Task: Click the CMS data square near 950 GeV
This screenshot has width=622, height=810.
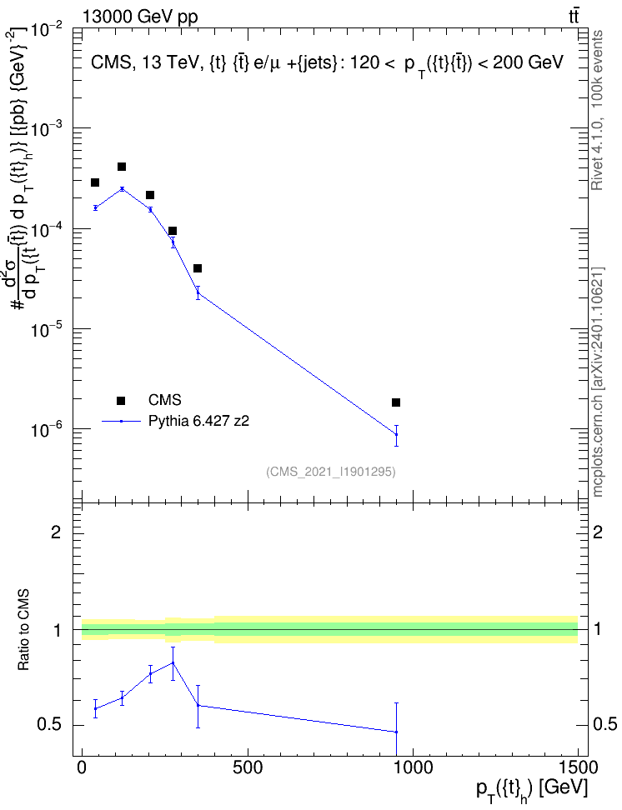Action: tap(396, 402)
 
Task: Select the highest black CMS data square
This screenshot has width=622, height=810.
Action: tap(122, 167)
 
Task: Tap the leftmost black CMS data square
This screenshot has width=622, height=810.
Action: tap(95, 182)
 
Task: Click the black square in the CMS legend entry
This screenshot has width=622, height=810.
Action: tap(121, 400)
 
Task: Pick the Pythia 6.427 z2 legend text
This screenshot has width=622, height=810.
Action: tap(198, 422)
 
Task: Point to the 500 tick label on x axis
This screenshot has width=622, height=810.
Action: tap(248, 767)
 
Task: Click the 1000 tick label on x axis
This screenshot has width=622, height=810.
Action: tap(413, 767)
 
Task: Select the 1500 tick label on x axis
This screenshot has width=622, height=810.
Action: tap(578, 767)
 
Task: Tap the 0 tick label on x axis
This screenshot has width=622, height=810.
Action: tap(82, 767)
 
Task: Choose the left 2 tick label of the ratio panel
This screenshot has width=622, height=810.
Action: tap(55, 532)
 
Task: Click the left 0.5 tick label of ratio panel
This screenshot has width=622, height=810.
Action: tap(50, 725)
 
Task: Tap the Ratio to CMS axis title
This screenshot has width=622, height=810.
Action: tap(23, 630)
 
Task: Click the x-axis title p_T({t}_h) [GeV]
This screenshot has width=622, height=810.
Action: tap(532, 790)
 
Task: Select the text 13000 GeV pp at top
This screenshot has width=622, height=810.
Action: tap(140, 17)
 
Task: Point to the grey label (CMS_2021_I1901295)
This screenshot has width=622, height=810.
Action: tap(331, 472)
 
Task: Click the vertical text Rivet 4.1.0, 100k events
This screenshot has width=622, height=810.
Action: tap(597, 111)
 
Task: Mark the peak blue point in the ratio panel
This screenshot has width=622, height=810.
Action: tap(173, 662)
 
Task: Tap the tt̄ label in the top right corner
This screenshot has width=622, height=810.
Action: tap(574, 16)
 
